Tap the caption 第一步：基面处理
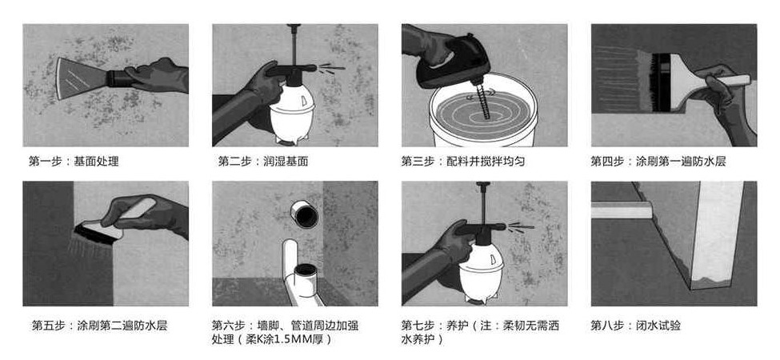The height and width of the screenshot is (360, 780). (x=74, y=162)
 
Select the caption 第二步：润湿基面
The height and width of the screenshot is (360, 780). (x=263, y=162)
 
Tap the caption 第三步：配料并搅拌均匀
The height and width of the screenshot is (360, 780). (x=463, y=162)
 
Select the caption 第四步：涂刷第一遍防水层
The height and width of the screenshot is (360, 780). (x=658, y=162)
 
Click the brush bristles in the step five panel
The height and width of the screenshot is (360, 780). (x=95, y=234)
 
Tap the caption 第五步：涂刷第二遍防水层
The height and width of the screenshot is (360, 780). (x=99, y=326)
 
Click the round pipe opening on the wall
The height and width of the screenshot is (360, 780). (x=305, y=214)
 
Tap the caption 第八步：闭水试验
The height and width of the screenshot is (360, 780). (x=636, y=326)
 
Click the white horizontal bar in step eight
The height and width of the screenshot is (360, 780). (x=622, y=210)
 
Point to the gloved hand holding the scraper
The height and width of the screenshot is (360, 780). (x=156, y=75)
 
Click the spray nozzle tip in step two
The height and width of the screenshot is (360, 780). (x=314, y=67)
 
